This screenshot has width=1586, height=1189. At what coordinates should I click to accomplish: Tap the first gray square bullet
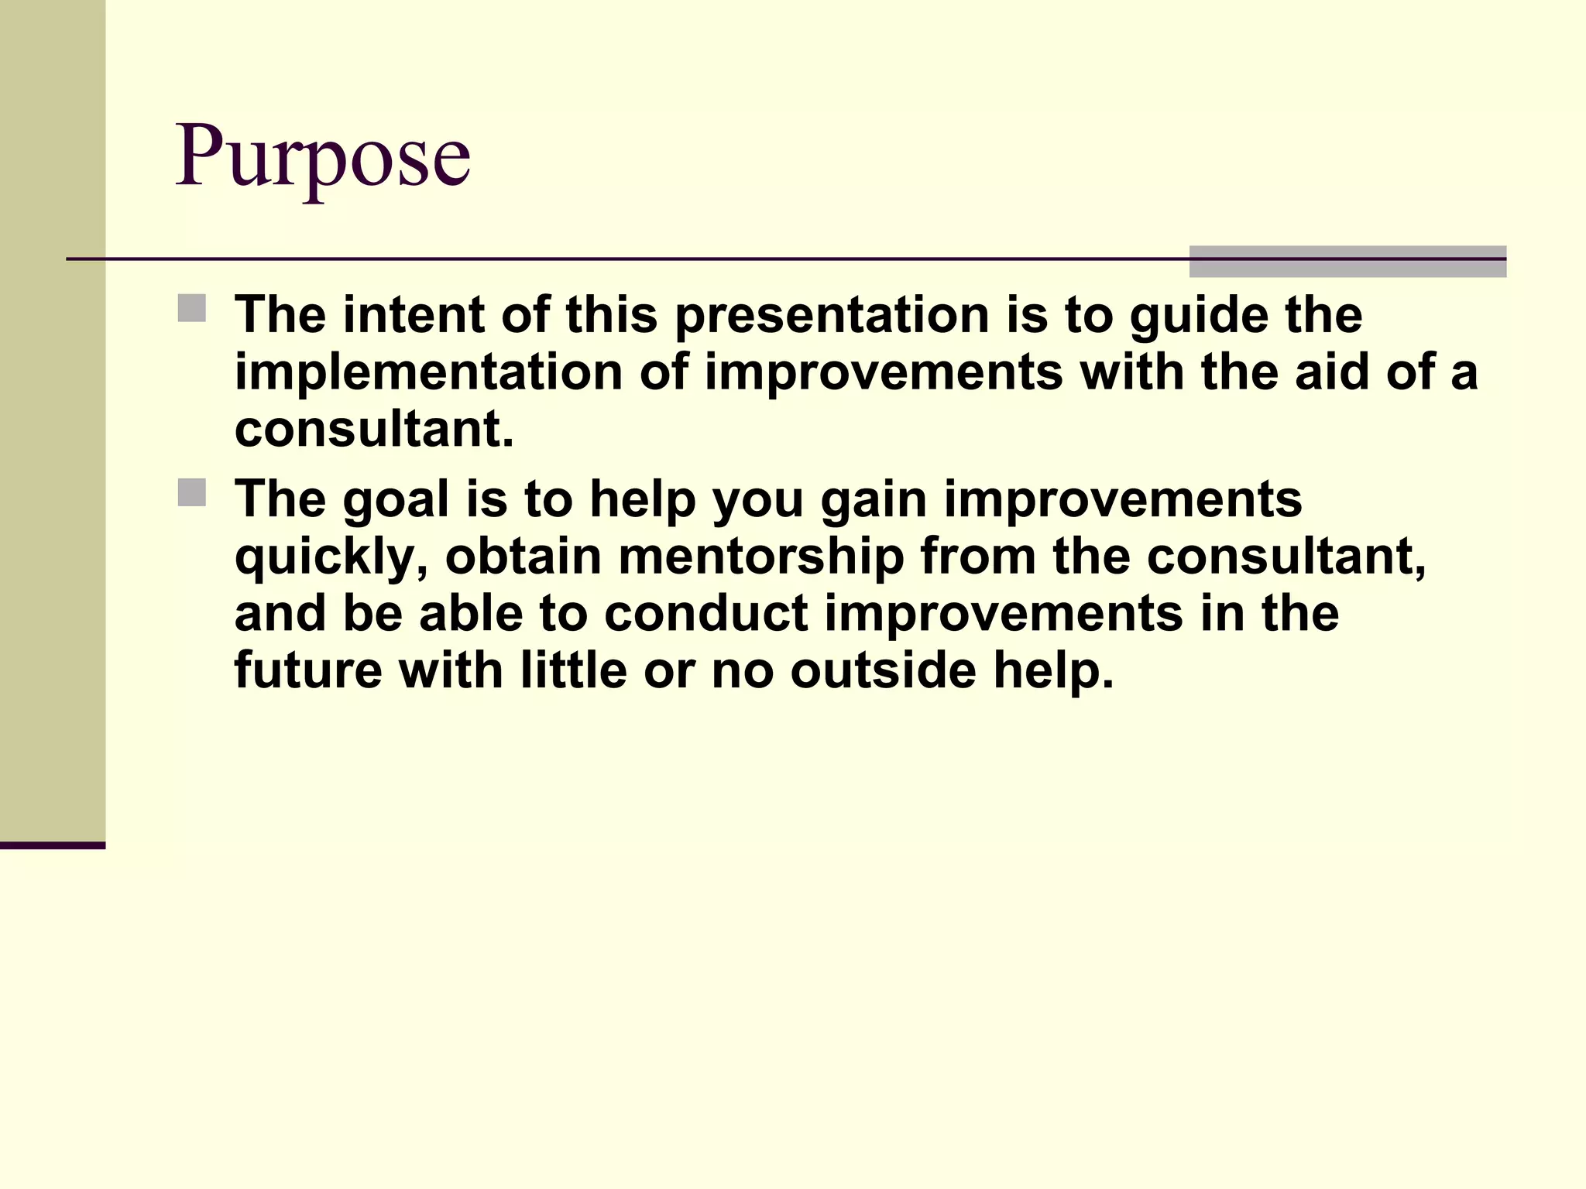click(192, 308)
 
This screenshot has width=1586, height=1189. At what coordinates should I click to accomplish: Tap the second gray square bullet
click(192, 492)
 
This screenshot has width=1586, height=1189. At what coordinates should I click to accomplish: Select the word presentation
click(832, 317)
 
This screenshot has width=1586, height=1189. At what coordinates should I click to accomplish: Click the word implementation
click(428, 373)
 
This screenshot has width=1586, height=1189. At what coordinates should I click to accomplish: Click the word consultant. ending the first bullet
click(374, 430)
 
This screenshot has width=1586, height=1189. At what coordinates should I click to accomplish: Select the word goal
click(396, 501)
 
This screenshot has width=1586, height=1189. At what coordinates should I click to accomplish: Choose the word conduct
click(705, 614)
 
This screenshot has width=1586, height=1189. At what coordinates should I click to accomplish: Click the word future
click(308, 670)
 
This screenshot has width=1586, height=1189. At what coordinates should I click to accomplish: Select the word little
click(573, 670)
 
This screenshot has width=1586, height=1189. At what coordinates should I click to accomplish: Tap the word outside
click(883, 670)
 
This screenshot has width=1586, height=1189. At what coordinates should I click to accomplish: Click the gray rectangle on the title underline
click(1347, 262)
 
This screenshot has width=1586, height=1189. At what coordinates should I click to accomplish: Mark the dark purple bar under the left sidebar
click(53, 845)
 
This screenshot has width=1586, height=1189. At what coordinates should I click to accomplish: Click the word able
click(472, 614)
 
